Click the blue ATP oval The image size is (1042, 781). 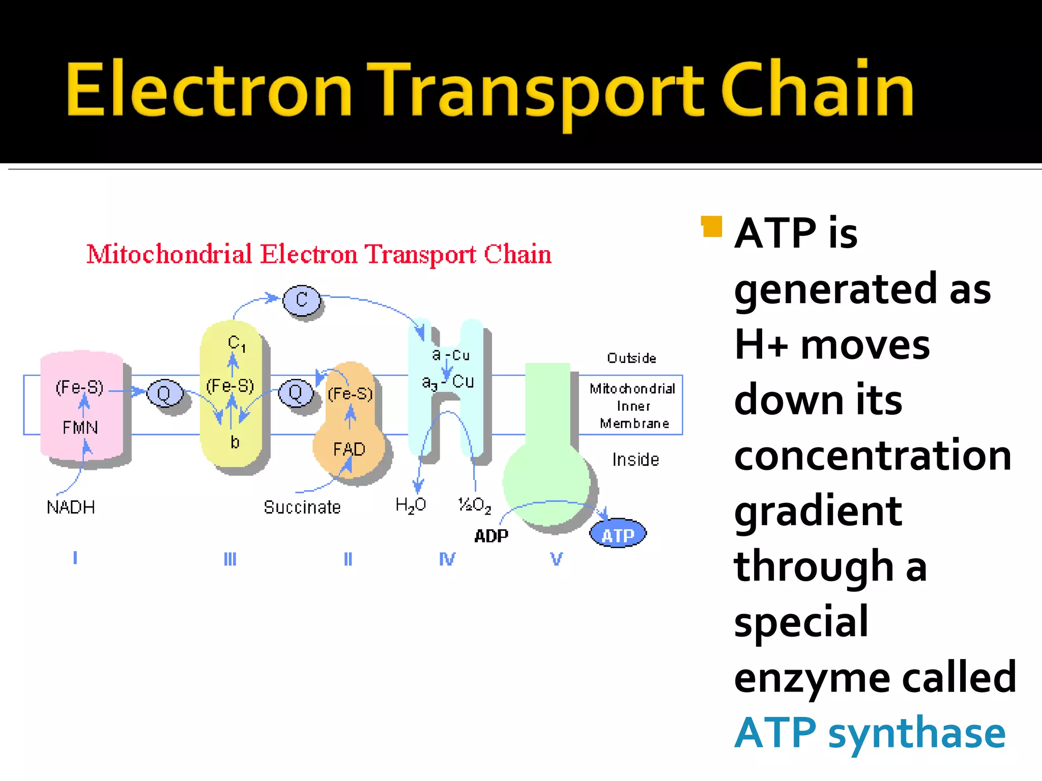click(618, 534)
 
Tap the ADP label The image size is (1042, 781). click(491, 536)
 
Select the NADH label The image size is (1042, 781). click(71, 507)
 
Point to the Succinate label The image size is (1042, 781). click(302, 507)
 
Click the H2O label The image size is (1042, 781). click(411, 505)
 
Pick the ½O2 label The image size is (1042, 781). click(475, 505)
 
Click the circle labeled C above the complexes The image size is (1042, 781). click(302, 299)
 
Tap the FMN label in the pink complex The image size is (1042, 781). click(80, 427)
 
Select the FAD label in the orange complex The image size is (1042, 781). click(349, 449)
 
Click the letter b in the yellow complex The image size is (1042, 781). click(235, 442)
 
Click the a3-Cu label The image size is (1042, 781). click(448, 382)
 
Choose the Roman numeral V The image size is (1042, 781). click(557, 559)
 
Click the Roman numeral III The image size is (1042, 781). click(230, 559)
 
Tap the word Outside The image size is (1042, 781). click(631, 358)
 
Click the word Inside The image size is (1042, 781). click(635, 460)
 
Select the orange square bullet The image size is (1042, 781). click(712, 227)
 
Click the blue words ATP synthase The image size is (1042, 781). click(870, 733)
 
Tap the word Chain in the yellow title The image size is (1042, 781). click(818, 90)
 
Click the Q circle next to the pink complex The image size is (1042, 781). click(164, 393)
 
